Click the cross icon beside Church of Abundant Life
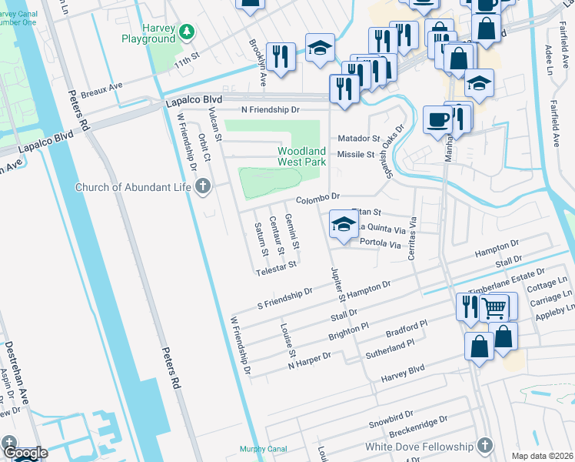(x=203, y=186)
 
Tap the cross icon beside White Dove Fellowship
(x=484, y=446)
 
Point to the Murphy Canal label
(x=263, y=449)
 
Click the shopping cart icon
(x=496, y=308)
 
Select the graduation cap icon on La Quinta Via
(x=344, y=226)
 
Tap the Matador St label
(x=359, y=139)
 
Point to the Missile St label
(x=355, y=154)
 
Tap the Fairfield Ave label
(x=557, y=122)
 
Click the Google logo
(x=25, y=453)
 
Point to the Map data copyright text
(x=541, y=456)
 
